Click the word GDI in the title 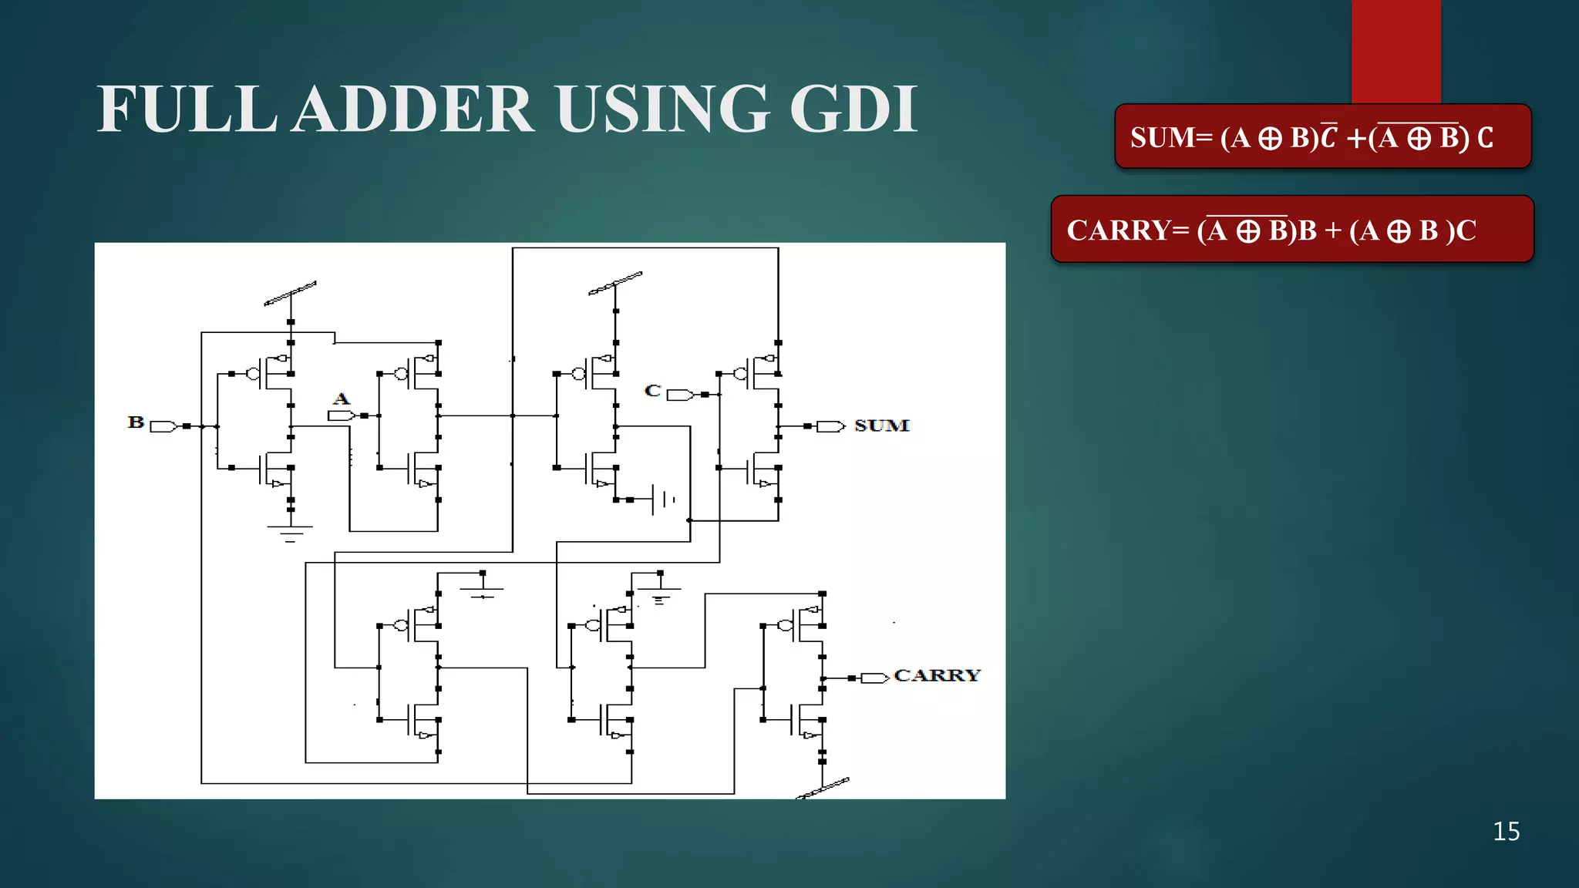(853, 109)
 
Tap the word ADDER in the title (415, 109)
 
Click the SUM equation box (1322, 136)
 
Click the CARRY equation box (1292, 229)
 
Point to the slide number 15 (1506, 832)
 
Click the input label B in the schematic (136, 422)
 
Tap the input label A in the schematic (341, 399)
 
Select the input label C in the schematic (652, 391)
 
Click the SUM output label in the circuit (881, 425)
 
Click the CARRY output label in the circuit (937, 675)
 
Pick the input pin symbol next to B (163, 426)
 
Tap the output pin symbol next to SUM (830, 426)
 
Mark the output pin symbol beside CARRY (874, 678)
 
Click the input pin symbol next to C (679, 395)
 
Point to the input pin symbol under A (341, 415)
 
